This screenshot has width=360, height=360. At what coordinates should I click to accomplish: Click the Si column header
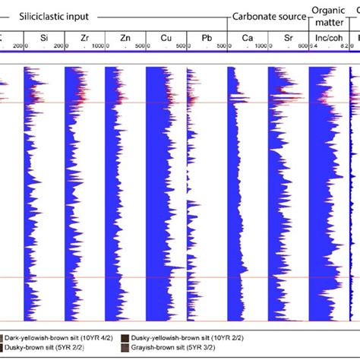[x=43, y=36]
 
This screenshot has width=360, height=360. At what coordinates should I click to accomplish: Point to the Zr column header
[x=84, y=36]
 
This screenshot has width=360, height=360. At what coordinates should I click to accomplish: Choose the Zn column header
[x=125, y=36]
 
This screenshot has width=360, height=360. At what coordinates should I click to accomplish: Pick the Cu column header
[x=166, y=36]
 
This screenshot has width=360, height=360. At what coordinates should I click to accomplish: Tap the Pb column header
[x=207, y=36]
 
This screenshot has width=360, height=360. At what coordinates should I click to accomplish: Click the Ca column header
[x=247, y=36]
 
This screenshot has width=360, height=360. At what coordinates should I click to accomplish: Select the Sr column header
[x=288, y=36]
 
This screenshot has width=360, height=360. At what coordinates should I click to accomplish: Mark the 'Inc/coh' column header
[x=328, y=36]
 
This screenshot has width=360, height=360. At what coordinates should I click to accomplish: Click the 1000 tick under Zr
[x=99, y=46]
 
